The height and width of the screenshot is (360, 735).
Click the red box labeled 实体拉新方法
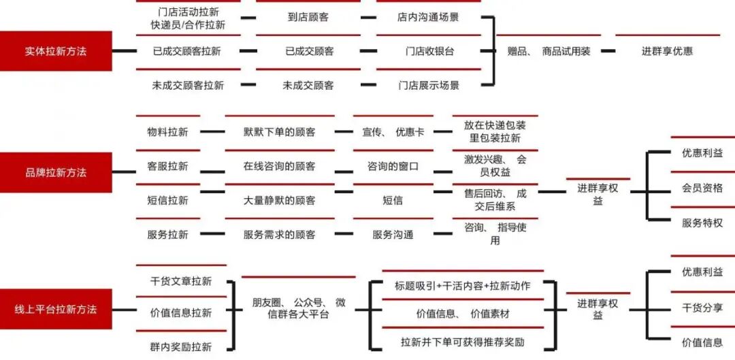(56, 51)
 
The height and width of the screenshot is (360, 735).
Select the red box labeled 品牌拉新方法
(56, 172)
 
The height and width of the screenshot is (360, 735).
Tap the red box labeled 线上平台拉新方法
(56, 309)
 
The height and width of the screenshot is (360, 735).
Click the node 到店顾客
(308, 17)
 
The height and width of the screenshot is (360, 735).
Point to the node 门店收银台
(428, 51)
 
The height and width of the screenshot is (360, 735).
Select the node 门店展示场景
(428, 85)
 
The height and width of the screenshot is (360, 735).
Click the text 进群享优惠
(667, 51)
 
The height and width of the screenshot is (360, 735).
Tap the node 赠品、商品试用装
(549, 51)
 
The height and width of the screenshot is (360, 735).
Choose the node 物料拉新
(167, 131)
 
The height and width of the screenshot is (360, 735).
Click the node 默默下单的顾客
(279, 131)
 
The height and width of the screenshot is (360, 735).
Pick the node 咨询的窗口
(393, 166)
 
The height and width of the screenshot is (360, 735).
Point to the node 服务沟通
(393, 234)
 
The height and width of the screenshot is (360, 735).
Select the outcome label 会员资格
(702, 188)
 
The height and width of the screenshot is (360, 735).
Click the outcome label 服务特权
(702, 223)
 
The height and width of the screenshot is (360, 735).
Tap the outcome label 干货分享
(702, 307)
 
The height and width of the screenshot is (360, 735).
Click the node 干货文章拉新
(180, 280)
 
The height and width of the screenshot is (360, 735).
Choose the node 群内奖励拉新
(180, 346)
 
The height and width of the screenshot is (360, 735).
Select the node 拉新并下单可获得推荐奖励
(463, 342)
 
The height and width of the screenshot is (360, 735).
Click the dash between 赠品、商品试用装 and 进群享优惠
(607, 51)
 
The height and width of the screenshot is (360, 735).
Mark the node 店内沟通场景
(428, 17)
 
